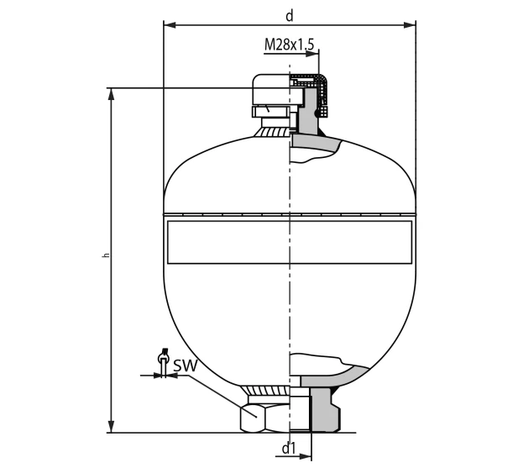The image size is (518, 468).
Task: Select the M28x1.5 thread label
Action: [290, 43]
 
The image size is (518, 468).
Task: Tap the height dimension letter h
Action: [106, 255]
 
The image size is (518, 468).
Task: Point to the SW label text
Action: [185, 365]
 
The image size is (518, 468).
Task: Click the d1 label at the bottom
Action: [289, 448]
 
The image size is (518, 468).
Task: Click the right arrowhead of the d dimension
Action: [411, 25]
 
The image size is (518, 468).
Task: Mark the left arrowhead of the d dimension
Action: [168, 25]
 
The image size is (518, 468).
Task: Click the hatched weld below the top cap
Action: [275, 127]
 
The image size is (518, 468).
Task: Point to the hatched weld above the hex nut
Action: [267, 391]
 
